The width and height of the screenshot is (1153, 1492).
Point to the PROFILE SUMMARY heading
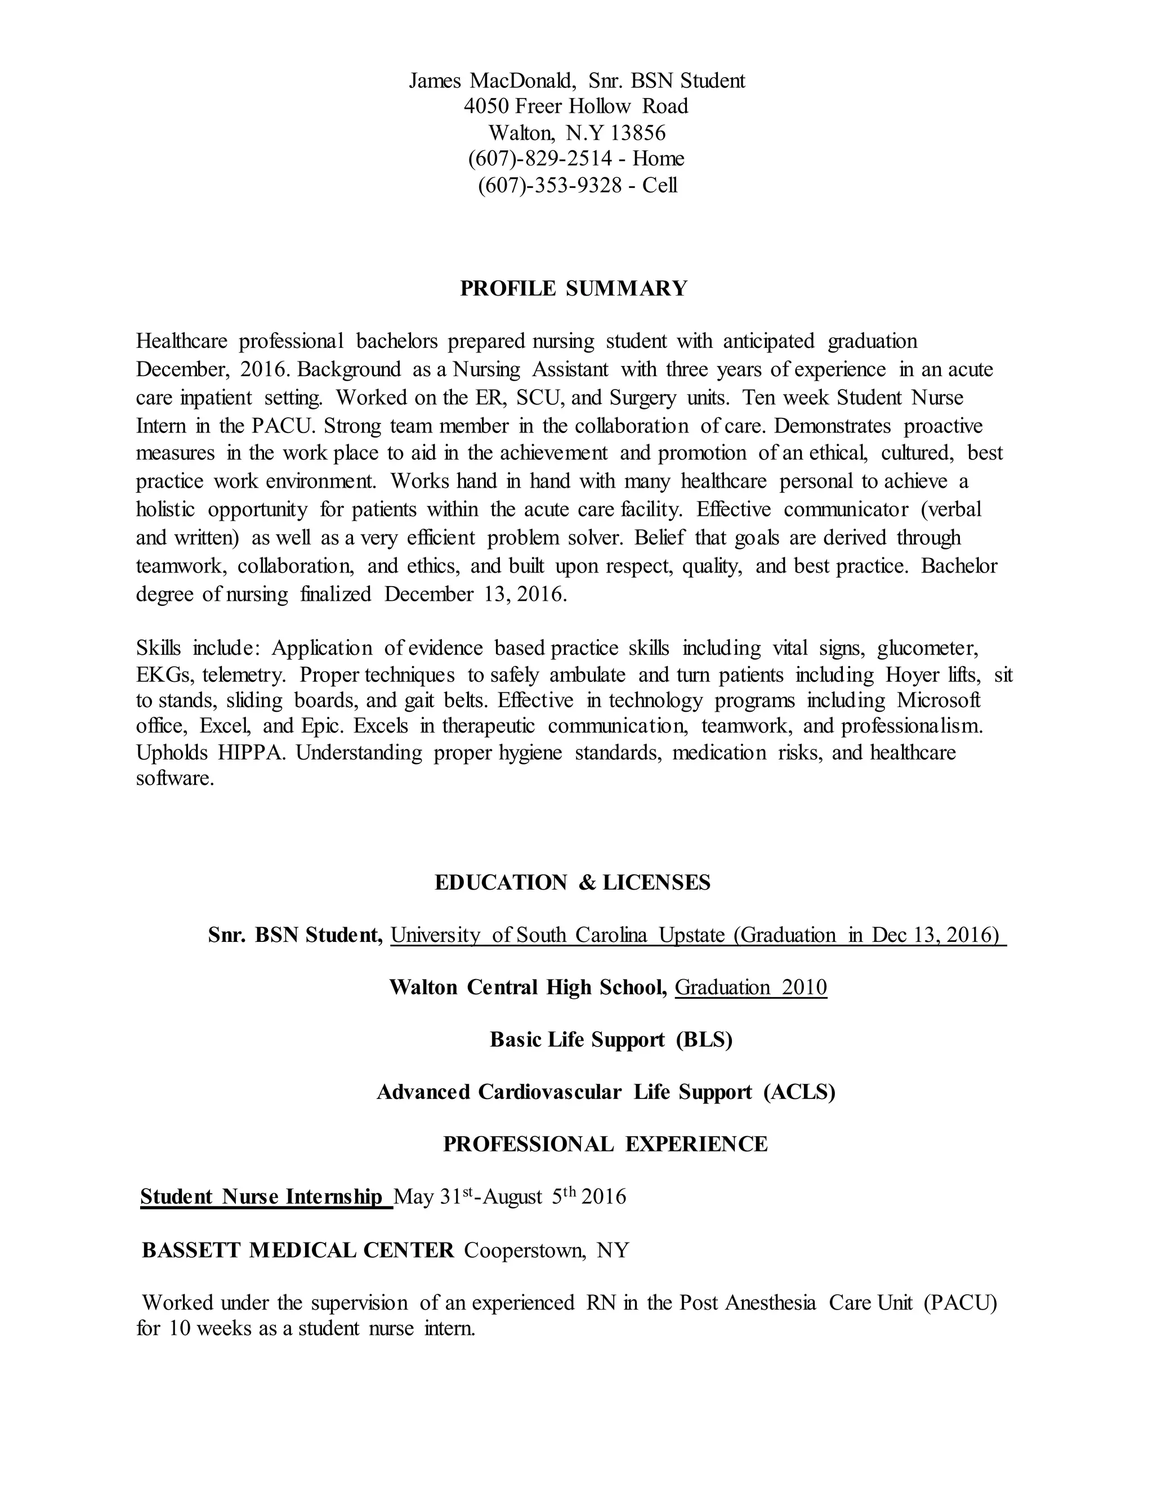point(574,288)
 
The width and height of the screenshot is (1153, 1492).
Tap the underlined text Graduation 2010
point(750,987)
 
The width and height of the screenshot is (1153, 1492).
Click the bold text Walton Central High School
point(528,987)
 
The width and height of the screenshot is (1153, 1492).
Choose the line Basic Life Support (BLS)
point(611,1039)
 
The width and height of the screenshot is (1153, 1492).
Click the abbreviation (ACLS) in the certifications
point(799,1092)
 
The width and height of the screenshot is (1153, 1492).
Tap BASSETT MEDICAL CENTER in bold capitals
point(298,1250)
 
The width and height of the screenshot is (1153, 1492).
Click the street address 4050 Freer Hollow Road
point(576,106)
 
